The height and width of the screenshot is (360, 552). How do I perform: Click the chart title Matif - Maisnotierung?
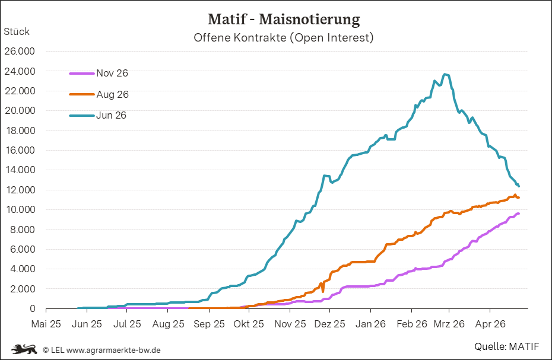click(284, 20)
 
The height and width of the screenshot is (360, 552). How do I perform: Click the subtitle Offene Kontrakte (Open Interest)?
click(283, 37)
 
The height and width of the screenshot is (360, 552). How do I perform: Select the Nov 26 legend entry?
click(99, 73)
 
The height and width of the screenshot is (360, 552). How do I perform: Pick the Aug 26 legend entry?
click(99, 94)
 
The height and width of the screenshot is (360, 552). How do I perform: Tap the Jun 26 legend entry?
click(97, 115)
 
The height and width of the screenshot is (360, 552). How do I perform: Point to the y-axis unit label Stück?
click(17, 31)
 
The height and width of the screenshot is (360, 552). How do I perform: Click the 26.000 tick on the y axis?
click(20, 52)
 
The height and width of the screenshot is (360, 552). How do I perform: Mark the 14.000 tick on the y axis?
click(20, 170)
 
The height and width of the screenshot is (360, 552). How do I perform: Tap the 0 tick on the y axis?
click(33, 308)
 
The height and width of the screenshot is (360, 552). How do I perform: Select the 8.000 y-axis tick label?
click(22, 230)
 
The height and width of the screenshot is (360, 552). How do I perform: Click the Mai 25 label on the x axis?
click(46, 324)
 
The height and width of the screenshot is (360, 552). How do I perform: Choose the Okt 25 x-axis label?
click(249, 324)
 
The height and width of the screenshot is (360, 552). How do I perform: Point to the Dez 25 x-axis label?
click(329, 324)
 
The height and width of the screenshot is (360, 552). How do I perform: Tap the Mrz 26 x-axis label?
click(449, 324)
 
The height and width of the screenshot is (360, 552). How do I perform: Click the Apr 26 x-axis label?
click(490, 324)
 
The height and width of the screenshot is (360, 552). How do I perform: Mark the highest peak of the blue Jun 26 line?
click(445, 74)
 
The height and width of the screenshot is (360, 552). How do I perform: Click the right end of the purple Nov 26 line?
click(519, 214)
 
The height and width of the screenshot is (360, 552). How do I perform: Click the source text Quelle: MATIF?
click(506, 346)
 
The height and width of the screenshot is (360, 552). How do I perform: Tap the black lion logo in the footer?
click(24, 349)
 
